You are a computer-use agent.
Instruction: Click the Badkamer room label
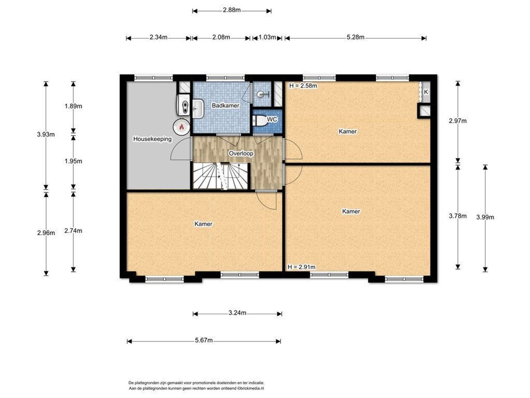pyautogui.click(x=226, y=106)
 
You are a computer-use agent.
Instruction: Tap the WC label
pyautogui.click(x=272, y=119)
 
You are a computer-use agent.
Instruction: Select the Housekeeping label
pyautogui.click(x=152, y=139)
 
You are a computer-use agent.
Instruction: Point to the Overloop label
pyautogui.click(x=241, y=153)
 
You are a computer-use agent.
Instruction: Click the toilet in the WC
pyautogui.click(x=259, y=121)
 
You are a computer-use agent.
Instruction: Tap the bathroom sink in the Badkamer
pyautogui.click(x=198, y=109)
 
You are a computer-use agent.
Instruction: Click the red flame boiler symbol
pyautogui.click(x=181, y=127)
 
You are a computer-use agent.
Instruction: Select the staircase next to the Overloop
pyautogui.click(x=220, y=176)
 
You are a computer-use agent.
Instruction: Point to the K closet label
pyautogui.click(x=426, y=92)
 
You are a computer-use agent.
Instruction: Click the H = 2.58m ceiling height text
pyautogui.click(x=303, y=86)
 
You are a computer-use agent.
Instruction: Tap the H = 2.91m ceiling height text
pyautogui.click(x=301, y=267)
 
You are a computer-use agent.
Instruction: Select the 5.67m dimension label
pyautogui.click(x=204, y=340)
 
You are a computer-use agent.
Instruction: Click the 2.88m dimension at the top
pyautogui.click(x=232, y=10)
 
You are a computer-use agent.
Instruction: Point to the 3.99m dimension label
pyautogui.click(x=485, y=217)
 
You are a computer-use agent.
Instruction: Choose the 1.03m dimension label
pyautogui.click(x=267, y=37)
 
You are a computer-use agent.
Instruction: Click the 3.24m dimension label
pyautogui.click(x=237, y=313)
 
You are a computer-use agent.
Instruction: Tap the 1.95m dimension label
pyautogui.click(x=73, y=161)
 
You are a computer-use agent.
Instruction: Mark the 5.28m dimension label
pyautogui.click(x=356, y=37)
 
